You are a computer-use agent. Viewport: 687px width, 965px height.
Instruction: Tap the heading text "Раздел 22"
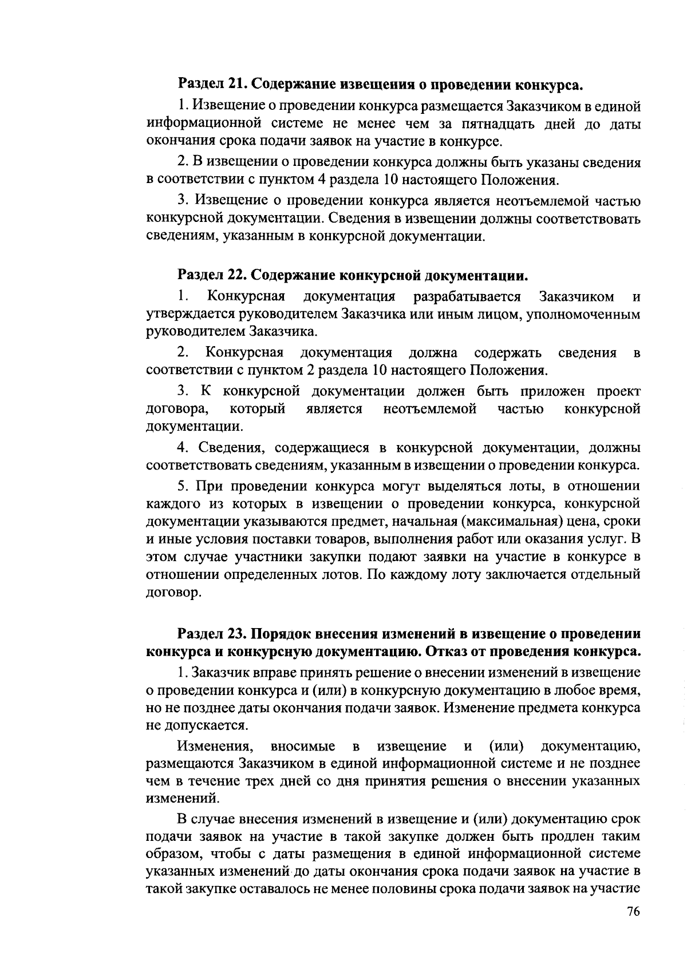[x=211, y=275]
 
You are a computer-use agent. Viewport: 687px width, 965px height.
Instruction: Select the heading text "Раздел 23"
[x=211, y=634]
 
